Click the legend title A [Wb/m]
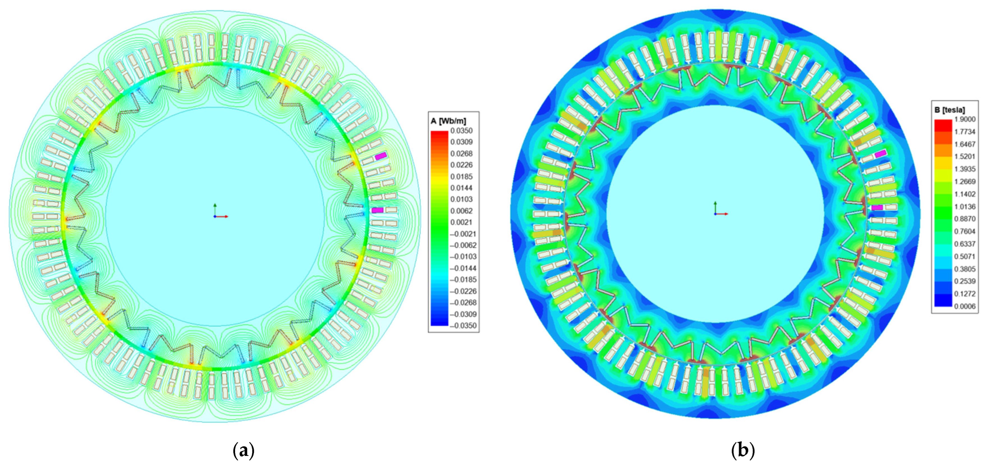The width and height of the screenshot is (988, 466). tap(448, 121)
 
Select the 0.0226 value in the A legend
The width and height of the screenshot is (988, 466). tap(461, 165)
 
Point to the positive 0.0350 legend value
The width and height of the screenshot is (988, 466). tap(461, 131)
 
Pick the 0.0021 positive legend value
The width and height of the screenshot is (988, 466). tap(461, 222)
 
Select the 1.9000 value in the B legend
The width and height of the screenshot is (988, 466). tap(965, 119)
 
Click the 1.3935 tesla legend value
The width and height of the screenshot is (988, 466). tap(965, 169)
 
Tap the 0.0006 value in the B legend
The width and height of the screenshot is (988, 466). tap(965, 306)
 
